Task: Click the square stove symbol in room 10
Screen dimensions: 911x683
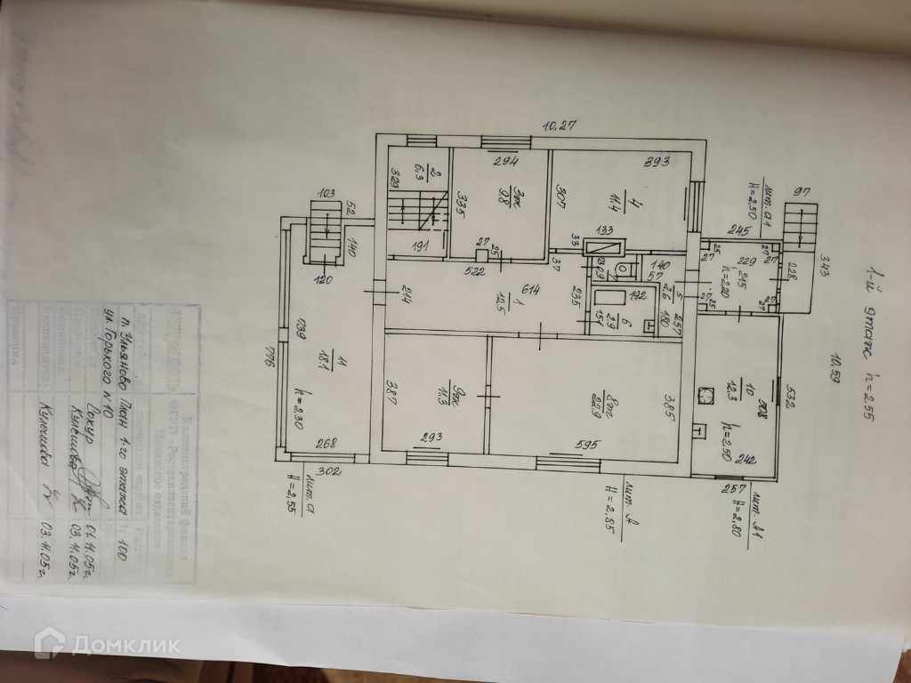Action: point(708,391)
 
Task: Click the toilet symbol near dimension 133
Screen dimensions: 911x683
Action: point(625,267)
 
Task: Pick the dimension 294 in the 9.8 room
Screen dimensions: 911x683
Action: point(506,162)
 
